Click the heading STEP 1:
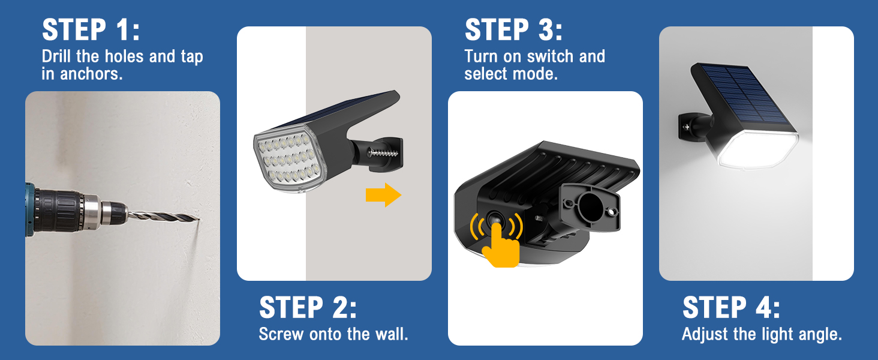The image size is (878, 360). click(x=91, y=29)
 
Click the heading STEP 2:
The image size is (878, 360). click(x=308, y=308)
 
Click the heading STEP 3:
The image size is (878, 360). click(x=514, y=29)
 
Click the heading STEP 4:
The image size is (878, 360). click(x=731, y=308)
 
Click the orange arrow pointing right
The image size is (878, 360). click(x=383, y=195)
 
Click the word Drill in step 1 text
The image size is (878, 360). click(x=58, y=56)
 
